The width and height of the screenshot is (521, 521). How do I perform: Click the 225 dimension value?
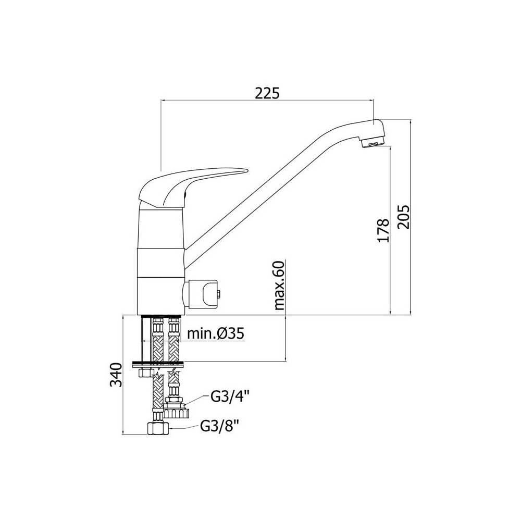click(x=267, y=93)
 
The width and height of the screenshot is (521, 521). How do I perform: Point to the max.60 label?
click(x=279, y=286)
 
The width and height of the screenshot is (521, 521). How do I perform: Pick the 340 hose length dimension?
click(x=116, y=375)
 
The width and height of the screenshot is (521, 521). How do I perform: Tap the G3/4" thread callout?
click(x=230, y=396)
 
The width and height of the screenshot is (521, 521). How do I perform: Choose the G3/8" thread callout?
click(x=220, y=426)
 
